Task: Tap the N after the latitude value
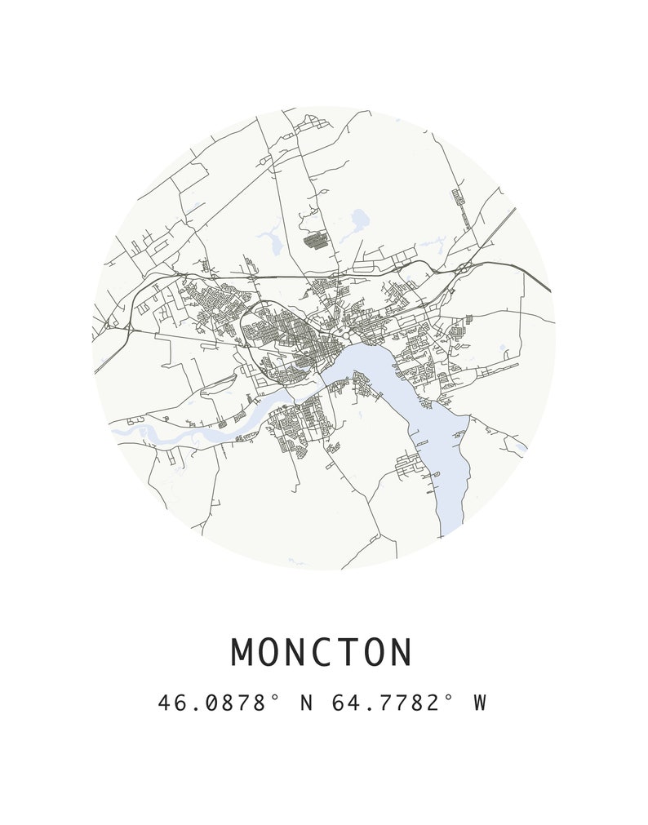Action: pos(307,703)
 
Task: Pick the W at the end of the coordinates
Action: pos(479,703)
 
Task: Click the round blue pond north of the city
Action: pos(358,218)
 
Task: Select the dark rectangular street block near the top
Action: pos(314,241)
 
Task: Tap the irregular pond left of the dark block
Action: pos(270,238)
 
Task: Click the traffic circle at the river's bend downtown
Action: pos(347,335)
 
